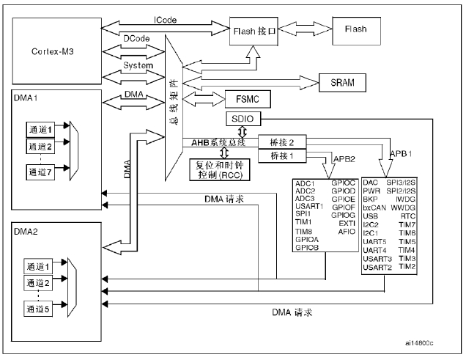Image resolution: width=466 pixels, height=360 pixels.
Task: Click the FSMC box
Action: pos(249,99)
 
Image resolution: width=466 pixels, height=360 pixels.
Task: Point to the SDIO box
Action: pos(242,119)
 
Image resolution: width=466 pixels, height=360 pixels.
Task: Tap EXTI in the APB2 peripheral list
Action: pos(347,222)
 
